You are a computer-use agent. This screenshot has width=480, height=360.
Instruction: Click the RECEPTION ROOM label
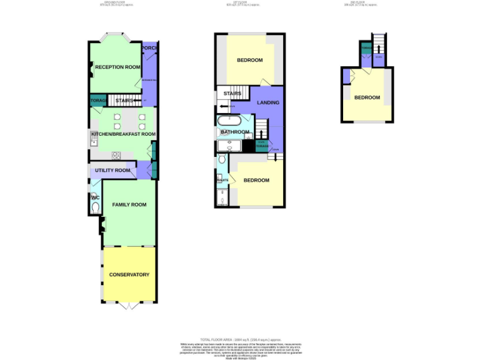pyautogui.click(x=117, y=67)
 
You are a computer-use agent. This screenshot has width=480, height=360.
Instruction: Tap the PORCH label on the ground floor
pyautogui.click(x=149, y=48)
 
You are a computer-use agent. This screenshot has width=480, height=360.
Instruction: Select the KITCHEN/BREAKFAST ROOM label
pyautogui.click(x=123, y=134)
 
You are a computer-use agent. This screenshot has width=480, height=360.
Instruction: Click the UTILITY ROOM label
pyautogui.click(x=112, y=170)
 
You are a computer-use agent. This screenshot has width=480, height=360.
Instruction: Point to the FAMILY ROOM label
pyautogui.click(x=129, y=204)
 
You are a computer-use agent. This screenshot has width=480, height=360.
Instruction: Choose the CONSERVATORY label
pyautogui.click(x=129, y=274)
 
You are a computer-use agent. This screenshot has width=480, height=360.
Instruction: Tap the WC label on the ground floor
pyautogui.click(x=95, y=198)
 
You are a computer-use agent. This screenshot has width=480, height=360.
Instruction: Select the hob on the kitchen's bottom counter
pyautogui.click(x=116, y=155)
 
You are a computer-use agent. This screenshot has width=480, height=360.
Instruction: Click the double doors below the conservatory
pyautogui.click(x=129, y=306)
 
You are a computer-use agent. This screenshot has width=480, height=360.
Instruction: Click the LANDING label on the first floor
pyautogui.click(x=268, y=102)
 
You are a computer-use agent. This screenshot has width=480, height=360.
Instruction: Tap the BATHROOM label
pyautogui.click(x=233, y=132)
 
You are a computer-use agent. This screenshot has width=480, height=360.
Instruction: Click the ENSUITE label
pyautogui.click(x=222, y=180)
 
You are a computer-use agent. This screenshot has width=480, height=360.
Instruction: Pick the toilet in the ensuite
pyautogui.click(x=222, y=161)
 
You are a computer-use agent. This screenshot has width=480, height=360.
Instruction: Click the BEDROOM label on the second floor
pyautogui.click(x=367, y=97)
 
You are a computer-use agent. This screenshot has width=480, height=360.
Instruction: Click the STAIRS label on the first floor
pyautogui.click(x=232, y=94)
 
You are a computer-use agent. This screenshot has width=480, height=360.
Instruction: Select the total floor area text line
pyautogui.click(x=239, y=338)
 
